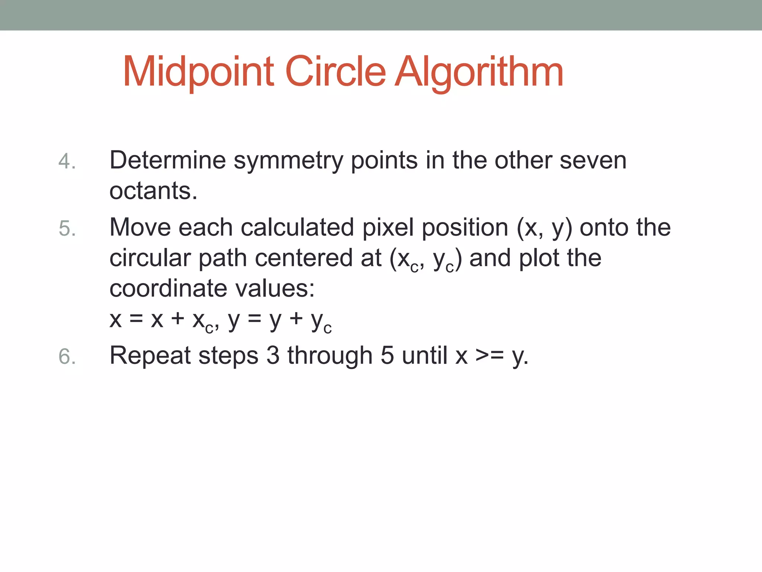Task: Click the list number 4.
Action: point(67,161)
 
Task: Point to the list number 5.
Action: point(67,228)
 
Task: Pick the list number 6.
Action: point(67,356)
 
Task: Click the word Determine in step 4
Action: point(167,161)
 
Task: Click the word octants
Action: point(153,191)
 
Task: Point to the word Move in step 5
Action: point(140,228)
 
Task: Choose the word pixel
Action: point(388,228)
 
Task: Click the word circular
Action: point(150,258)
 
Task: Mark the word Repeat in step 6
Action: point(150,356)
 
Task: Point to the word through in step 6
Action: point(330,356)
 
